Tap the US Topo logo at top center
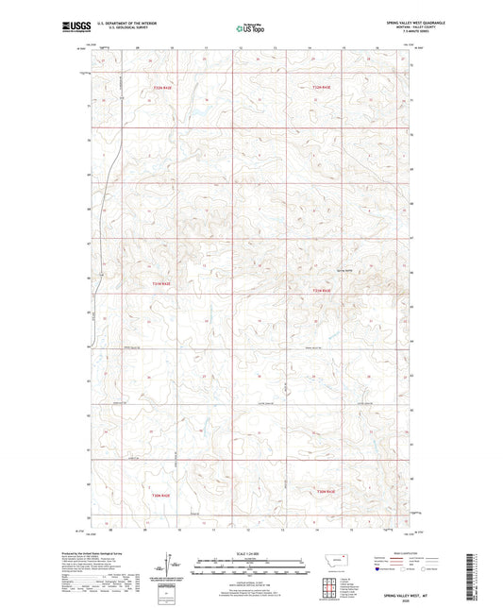point(249,29)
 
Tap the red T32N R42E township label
point(322,88)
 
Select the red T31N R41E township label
point(161,282)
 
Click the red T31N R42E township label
point(322,291)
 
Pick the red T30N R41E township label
point(161,495)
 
